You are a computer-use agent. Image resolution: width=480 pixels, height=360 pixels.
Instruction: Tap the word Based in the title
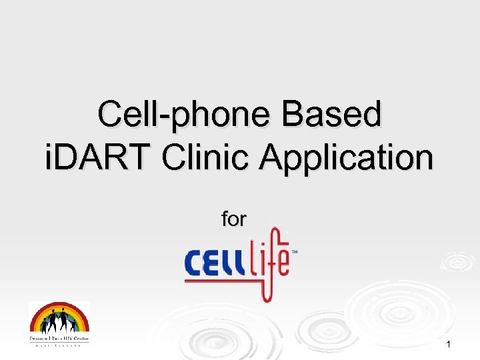click(331, 115)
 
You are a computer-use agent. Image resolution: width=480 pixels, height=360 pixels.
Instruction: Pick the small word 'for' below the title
click(234, 219)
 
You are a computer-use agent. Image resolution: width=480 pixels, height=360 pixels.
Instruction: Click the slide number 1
click(449, 344)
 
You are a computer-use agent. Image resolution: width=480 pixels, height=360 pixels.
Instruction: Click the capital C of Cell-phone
click(110, 115)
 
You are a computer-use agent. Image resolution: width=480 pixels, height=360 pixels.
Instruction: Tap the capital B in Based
click(294, 115)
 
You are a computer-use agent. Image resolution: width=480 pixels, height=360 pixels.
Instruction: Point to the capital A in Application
click(272, 159)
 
